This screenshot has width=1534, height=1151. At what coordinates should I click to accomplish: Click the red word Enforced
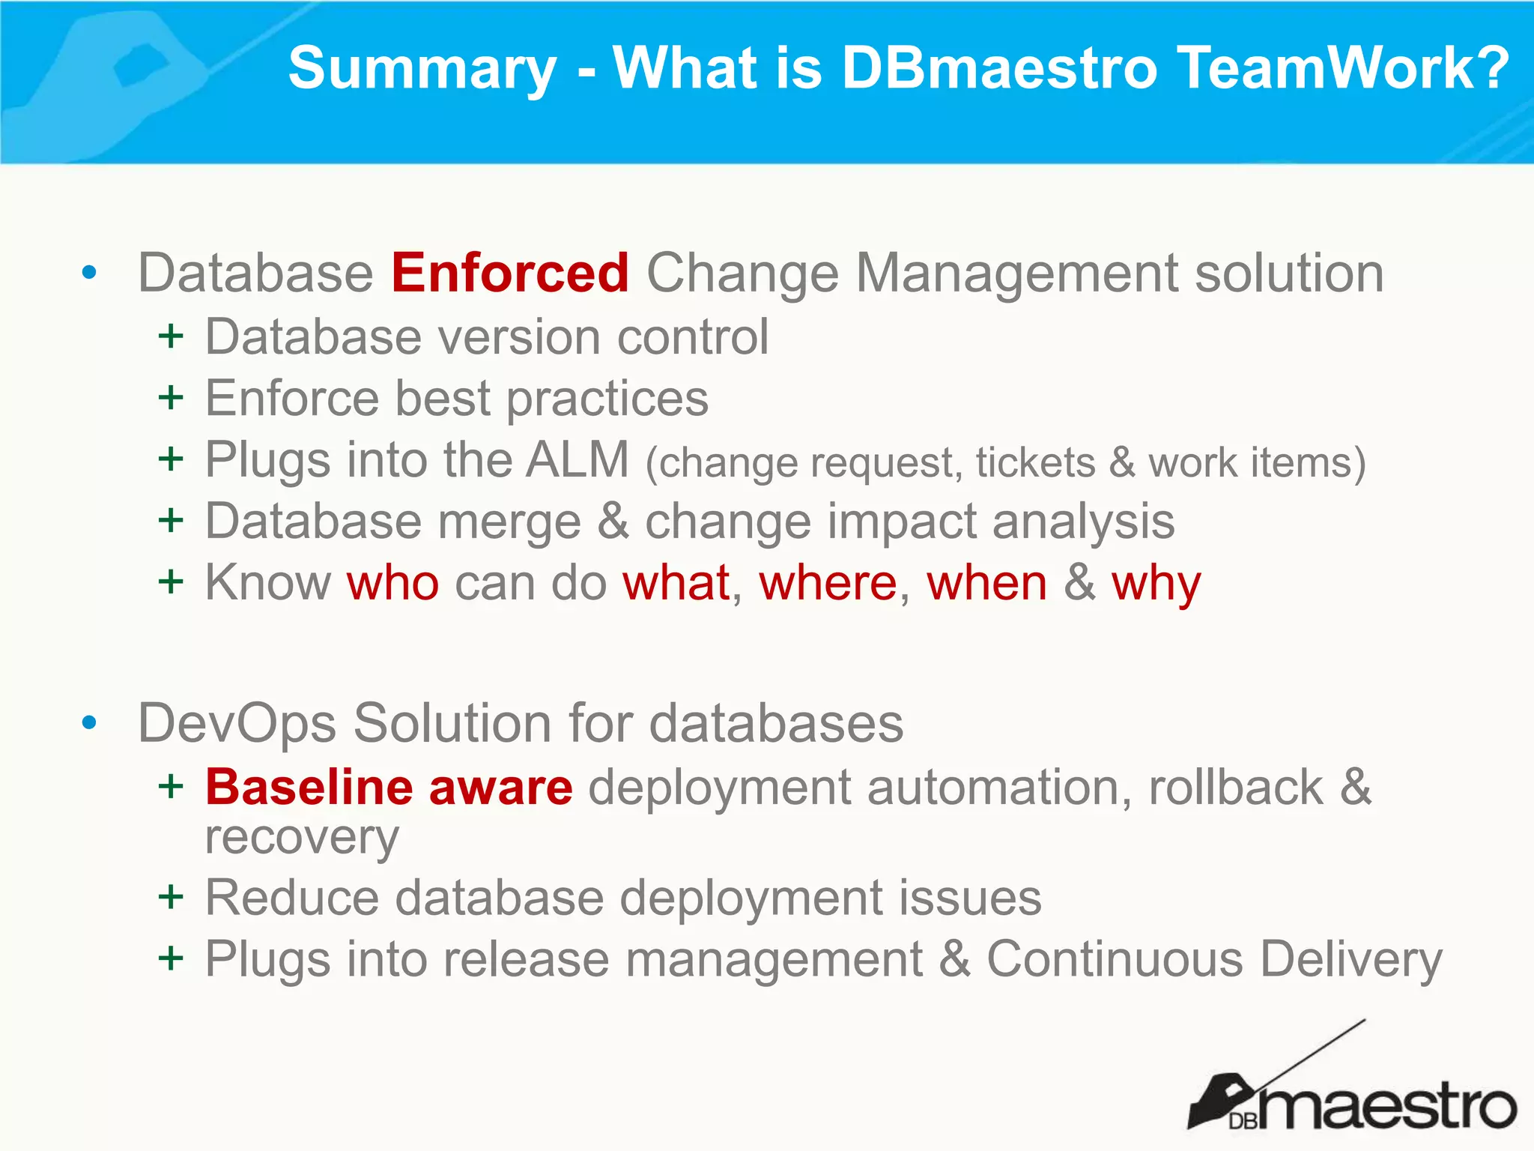pyautogui.click(x=509, y=273)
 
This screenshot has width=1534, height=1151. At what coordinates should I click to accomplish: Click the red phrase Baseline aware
pyautogui.click(x=389, y=787)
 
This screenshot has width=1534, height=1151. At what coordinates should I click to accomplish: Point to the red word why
pyautogui.click(x=1156, y=584)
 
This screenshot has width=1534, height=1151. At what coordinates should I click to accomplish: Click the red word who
pyautogui.click(x=392, y=583)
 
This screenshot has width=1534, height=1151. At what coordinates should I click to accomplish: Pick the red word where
pyautogui.click(x=828, y=583)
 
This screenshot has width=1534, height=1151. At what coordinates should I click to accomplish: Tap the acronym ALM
pyautogui.click(x=577, y=459)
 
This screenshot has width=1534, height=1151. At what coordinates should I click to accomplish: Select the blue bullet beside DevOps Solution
pyautogui.click(x=89, y=723)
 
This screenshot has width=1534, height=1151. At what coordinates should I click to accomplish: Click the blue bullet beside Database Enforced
pyautogui.click(x=89, y=273)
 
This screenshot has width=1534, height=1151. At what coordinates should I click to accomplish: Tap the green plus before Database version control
pyautogui.click(x=171, y=336)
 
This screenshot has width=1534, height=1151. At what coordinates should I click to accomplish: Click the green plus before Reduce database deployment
pyautogui.click(x=171, y=896)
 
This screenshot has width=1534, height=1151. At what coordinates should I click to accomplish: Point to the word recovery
pyautogui.click(x=302, y=838)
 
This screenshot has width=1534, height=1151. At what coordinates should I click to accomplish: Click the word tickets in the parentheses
pyautogui.click(x=1035, y=462)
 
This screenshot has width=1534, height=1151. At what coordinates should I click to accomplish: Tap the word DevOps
pyautogui.click(x=237, y=723)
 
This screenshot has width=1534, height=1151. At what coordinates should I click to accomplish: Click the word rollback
pyautogui.click(x=1236, y=787)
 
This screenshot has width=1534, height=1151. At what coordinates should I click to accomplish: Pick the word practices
pyautogui.click(x=607, y=399)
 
